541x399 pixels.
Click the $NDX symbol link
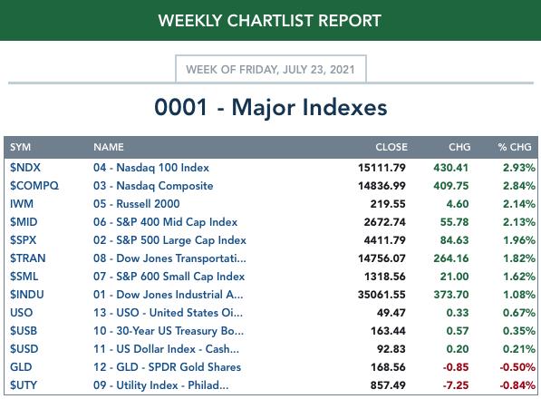[25, 168]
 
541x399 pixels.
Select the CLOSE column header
[391, 147]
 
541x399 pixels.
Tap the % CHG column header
[515, 147]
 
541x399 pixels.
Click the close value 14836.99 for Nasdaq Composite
[382, 186]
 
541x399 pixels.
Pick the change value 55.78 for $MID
[454, 222]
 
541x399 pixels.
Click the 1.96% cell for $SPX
[519, 240]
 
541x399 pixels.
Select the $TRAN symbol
[27, 258]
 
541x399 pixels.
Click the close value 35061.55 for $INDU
[382, 295]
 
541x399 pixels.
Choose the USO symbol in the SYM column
[22, 313]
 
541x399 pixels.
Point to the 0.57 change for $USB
[457, 331]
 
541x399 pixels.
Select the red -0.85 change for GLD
[456, 367]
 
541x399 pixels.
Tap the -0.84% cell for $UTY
[517, 385]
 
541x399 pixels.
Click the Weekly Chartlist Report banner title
[270, 21]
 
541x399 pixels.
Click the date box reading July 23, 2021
[270, 70]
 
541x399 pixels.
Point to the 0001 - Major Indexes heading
[270, 107]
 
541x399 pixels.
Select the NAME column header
[109, 147]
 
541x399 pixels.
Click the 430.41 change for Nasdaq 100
[451, 168]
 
